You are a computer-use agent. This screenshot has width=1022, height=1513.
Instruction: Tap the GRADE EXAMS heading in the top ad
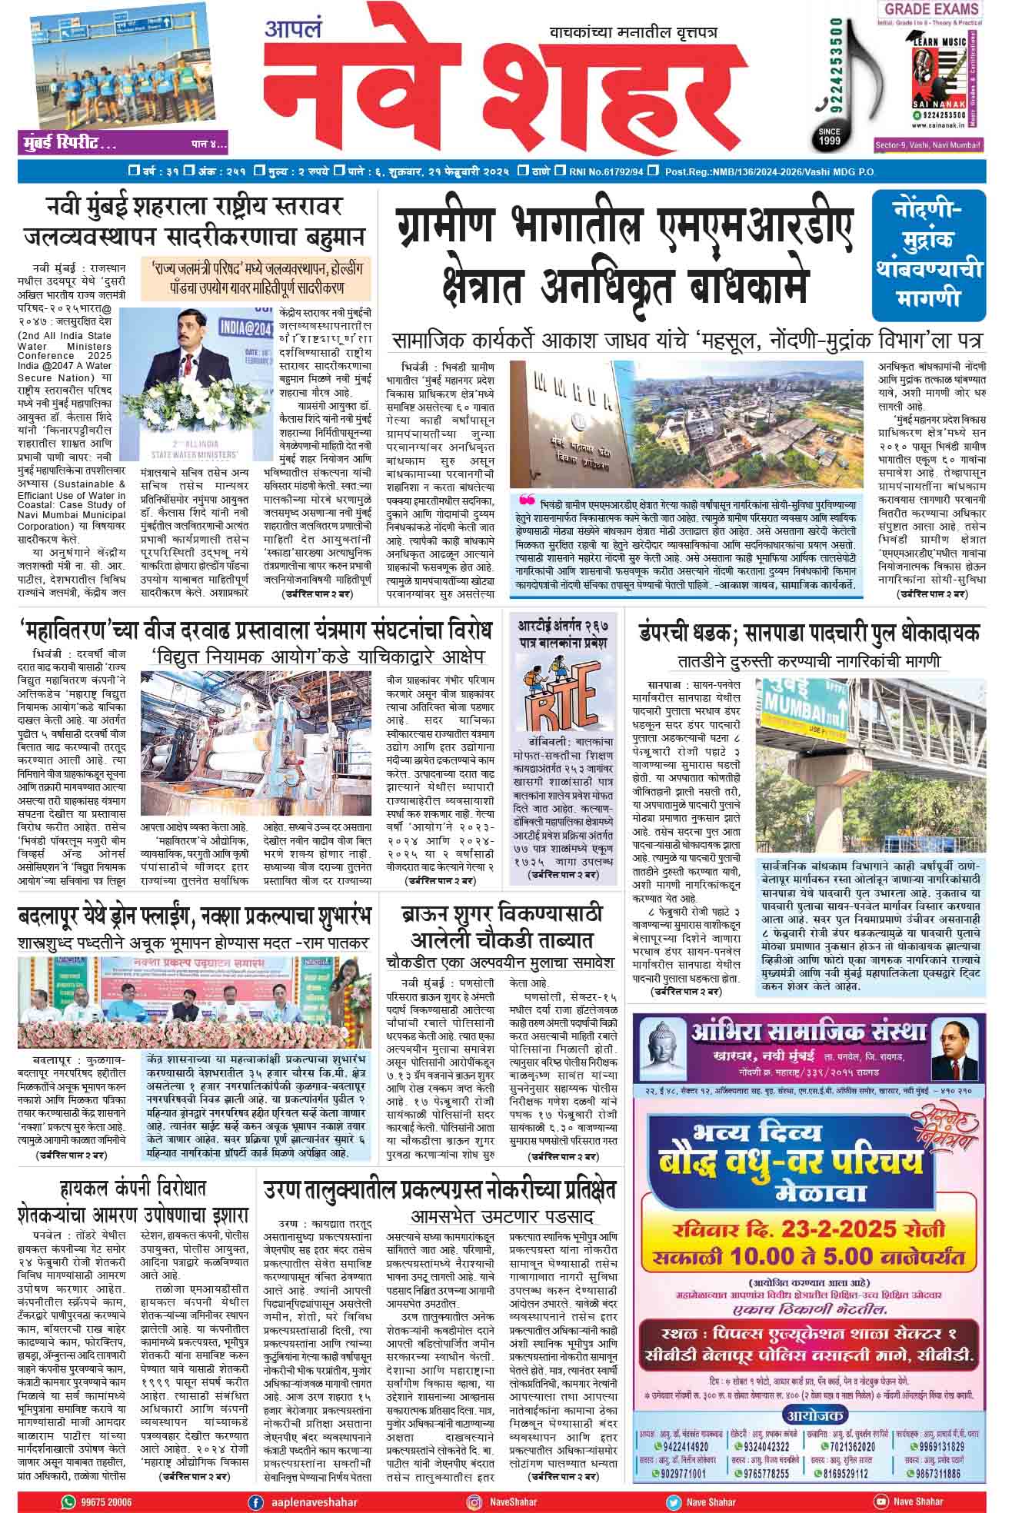931,9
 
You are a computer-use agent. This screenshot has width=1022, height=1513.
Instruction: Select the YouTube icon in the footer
881,1501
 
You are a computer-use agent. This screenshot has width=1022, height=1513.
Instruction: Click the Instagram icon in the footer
474,1501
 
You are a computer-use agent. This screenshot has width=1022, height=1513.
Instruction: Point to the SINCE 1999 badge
829,136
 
